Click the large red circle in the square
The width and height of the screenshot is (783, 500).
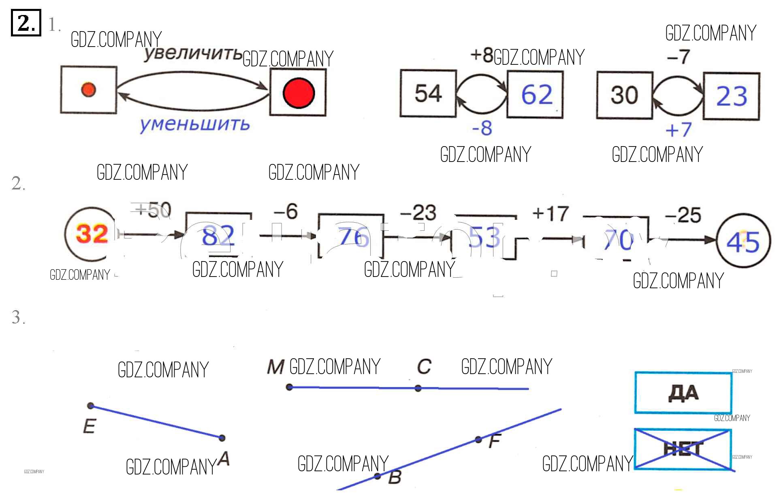coord(299,93)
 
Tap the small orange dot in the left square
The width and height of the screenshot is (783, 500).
coord(88,89)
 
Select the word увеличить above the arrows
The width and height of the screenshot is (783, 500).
coord(192,54)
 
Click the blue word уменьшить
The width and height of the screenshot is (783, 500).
coord(194,124)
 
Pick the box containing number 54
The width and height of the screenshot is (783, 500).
coord(428,93)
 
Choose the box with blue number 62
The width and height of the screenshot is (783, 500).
coord(535,95)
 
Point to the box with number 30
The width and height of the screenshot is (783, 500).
coord(624,95)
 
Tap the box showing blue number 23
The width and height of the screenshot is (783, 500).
coord(731,96)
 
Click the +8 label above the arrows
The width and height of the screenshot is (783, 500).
coord(482,55)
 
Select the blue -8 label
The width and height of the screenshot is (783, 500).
coord(482,128)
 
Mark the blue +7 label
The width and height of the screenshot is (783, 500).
coord(678,130)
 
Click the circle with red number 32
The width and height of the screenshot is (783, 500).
coord(91,234)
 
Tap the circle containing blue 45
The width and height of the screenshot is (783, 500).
coord(743,242)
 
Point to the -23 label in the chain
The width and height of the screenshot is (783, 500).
coord(418,213)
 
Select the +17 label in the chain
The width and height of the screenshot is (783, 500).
coord(550,213)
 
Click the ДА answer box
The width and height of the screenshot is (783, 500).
coord(683,393)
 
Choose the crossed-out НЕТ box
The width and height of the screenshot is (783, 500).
coord(683,449)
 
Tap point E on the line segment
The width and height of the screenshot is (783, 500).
coord(91,406)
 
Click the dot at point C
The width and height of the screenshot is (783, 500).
coord(418,388)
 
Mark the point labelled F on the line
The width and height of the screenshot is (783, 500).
coord(478,439)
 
